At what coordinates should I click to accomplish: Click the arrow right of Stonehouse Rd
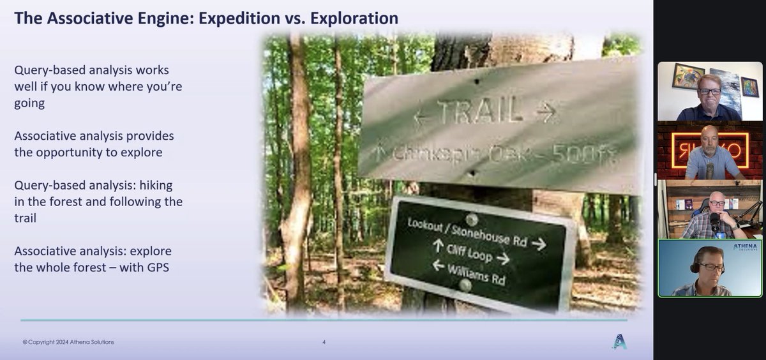pyautogui.click(x=539, y=244)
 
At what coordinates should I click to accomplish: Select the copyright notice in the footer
pyautogui.click(x=69, y=342)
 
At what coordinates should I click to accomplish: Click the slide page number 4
pyautogui.click(x=324, y=342)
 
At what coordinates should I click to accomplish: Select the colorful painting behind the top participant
pyautogui.click(x=688, y=76)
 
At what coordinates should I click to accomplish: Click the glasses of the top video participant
pyautogui.click(x=710, y=91)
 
